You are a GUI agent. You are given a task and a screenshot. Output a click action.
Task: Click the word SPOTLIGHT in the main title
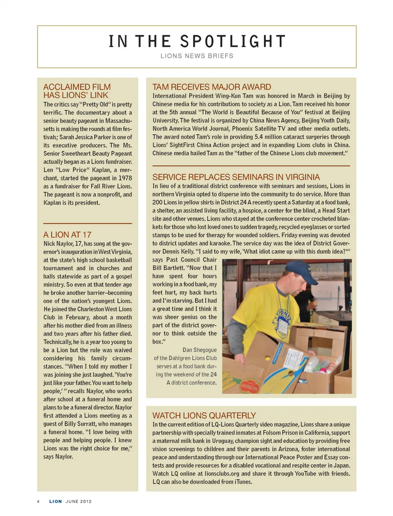pos(233,41)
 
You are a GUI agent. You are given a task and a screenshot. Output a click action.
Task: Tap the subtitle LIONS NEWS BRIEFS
pos(196,56)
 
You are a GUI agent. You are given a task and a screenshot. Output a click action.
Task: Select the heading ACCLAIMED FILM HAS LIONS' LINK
pos(77,91)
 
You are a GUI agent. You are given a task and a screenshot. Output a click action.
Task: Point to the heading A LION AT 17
pos(67,235)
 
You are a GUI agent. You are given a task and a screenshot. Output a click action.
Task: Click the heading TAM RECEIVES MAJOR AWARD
pos(211,87)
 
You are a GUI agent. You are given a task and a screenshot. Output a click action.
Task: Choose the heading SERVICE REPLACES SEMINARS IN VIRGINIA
pos(236,177)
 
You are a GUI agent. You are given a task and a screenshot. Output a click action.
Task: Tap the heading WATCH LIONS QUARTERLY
pos(204,415)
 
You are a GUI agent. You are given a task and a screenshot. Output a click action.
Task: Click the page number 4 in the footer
pos(38,501)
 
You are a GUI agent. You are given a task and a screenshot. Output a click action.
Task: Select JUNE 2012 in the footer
pos(79,501)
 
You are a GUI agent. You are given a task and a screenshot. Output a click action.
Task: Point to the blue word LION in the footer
pos(56,501)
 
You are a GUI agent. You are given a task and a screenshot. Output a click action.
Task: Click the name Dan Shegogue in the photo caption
pos(199,350)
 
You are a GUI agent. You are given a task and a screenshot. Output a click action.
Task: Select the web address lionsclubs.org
pos(217,473)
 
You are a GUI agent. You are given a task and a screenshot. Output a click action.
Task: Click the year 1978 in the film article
pos(125,178)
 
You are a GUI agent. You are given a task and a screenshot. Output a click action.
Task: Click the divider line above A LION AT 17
pos(88,223)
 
